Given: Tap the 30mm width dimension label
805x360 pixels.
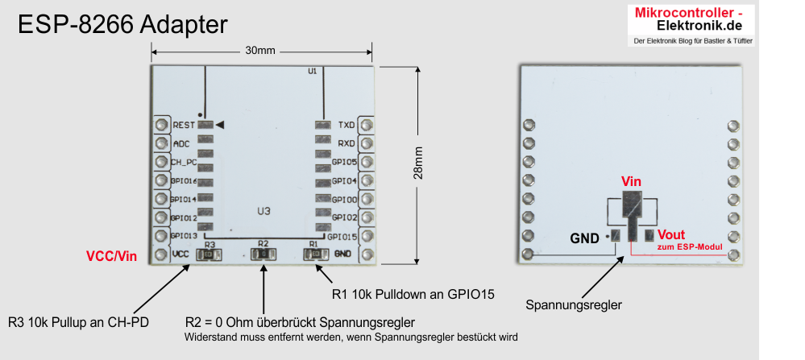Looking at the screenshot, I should (260, 50).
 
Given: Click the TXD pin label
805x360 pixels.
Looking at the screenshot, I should (346, 126).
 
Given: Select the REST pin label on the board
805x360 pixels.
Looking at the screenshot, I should (183, 126).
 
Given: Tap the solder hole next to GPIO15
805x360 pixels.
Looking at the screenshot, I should (367, 236).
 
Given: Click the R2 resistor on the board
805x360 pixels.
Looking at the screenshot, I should (263, 254).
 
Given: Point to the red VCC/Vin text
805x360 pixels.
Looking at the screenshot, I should (111, 256).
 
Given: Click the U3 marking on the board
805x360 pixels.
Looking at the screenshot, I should (263, 212).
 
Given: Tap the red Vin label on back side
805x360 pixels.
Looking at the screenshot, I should (631, 182).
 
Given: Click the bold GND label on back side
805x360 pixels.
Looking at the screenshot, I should (584, 238).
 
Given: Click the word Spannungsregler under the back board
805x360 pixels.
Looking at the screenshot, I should (574, 305).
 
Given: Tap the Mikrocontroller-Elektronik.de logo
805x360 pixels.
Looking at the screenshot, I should (690, 24).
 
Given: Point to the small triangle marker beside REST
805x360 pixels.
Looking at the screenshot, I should (219, 125).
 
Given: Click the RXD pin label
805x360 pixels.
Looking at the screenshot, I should (346, 144).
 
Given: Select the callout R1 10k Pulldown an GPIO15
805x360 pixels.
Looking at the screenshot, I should (413, 294).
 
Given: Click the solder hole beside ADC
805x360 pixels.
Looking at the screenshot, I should (161, 143).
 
